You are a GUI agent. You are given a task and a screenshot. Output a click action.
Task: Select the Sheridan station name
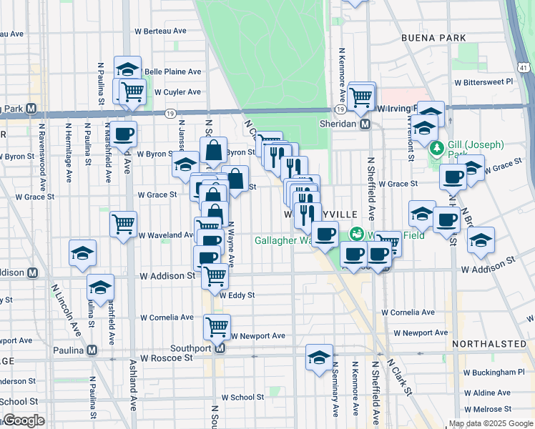coord(338,124)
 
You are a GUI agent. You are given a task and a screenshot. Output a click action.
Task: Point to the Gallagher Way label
coord(285,240)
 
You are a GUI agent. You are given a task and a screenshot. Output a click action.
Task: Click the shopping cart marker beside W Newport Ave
coord(217,327)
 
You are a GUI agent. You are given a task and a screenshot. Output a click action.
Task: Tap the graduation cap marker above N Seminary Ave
coord(319,357)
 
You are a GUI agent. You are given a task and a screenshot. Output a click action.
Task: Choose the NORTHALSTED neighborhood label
coord(489,344)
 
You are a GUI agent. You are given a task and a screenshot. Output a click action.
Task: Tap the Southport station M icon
coord(220,349)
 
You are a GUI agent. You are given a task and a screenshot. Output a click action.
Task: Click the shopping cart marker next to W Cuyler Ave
coord(132,92)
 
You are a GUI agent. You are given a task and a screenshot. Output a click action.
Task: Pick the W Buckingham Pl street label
coord(494,373)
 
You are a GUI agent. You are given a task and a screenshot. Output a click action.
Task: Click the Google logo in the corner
coord(23,420)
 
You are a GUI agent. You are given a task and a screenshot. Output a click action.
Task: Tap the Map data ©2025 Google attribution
coord(491,423)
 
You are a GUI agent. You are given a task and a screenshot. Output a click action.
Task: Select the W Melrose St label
coord(488,409)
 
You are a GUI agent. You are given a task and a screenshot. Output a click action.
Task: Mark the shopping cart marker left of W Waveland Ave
coord(123,224)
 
